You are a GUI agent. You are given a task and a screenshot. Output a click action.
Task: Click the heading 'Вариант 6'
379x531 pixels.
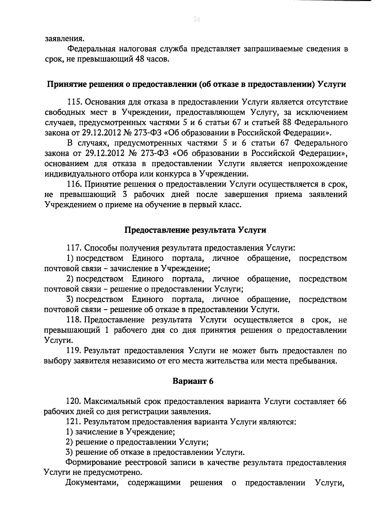point(193,381)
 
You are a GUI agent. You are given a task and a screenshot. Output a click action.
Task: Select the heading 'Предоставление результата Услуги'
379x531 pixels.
point(196,230)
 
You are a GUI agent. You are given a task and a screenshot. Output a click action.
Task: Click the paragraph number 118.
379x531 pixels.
point(74,320)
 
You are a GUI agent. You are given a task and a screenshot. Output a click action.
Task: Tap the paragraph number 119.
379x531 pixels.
point(75,350)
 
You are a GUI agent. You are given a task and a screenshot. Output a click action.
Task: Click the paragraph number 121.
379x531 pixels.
point(74,422)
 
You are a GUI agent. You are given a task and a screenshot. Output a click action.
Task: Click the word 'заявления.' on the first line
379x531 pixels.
point(64,39)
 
